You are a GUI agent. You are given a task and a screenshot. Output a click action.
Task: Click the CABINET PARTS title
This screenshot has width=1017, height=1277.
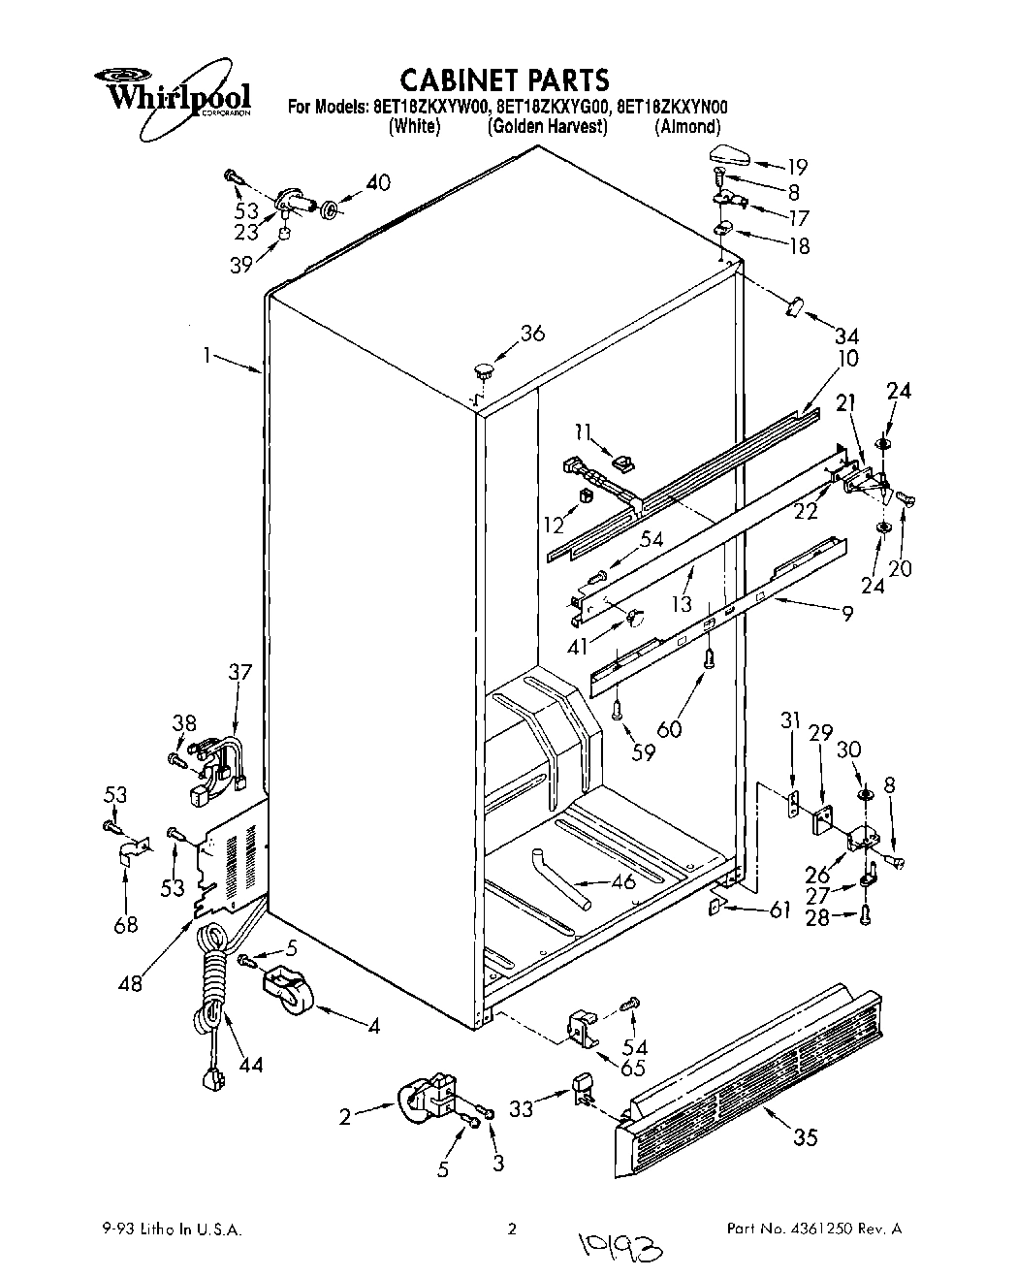(x=505, y=79)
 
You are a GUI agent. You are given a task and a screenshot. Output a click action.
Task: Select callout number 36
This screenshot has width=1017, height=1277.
(x=532, y=334)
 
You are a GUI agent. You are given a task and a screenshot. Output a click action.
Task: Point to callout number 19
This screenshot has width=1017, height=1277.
(x=797, y=166)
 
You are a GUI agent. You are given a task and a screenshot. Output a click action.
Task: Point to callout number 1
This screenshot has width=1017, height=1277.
(x=206, y=355)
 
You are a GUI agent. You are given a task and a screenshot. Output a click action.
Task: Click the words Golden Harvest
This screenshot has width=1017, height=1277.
(x=547, y=127)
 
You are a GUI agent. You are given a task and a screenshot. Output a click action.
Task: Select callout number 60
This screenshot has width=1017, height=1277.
(x=669, y=728)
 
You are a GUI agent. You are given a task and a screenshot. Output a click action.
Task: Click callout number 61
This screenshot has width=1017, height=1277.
(x=779, y=910)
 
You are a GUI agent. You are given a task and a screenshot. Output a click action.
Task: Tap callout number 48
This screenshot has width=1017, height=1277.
(x=129, y=981)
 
